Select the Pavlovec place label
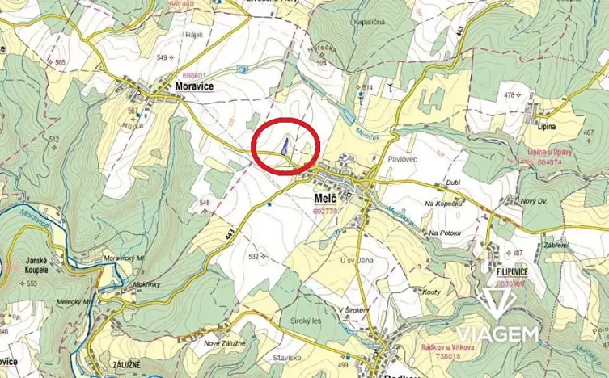pyautogui.click(x=403, y=160)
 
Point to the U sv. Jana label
pyautogui.click(x=356, y=259)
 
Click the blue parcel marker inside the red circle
pyautogui.click(x=284, y=146)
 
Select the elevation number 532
pyautogui.click(x=253, y=256)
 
